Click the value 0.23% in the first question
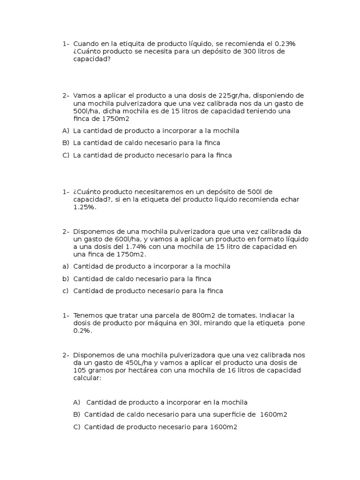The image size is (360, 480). point(283,44)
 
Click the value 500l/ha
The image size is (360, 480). point(85,111)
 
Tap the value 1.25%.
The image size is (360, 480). point(84,207)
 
